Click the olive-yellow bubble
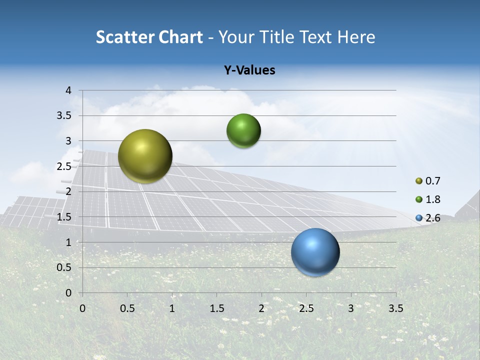pos(145,156)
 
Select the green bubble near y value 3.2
pos(243,131)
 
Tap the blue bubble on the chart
pos(315,252)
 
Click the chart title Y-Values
pos(249,70)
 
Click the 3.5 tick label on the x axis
pos(395,308)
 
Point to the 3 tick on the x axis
pos(351,308)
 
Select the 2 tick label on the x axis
pos(261,308)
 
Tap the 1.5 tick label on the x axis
pos(216,308)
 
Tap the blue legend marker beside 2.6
pos(419,217)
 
